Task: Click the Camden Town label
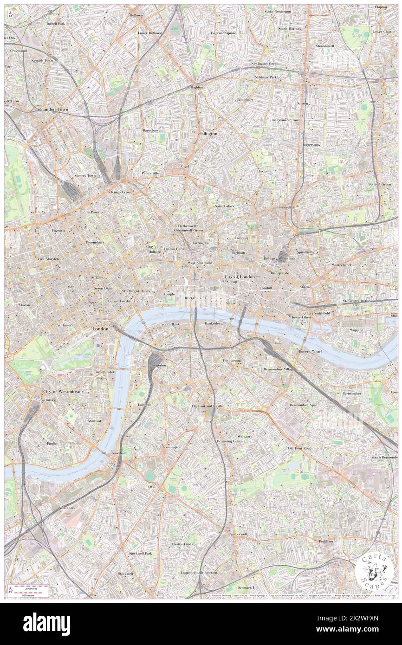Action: [54, 110]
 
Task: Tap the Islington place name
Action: [208, 134]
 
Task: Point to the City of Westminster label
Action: [63, 392]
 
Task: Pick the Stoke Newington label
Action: [278, 11]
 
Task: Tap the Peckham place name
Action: [326, 541]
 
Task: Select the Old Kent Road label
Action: [299, 448]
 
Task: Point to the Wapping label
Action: [357, 330]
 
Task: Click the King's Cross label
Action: [120, 192]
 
